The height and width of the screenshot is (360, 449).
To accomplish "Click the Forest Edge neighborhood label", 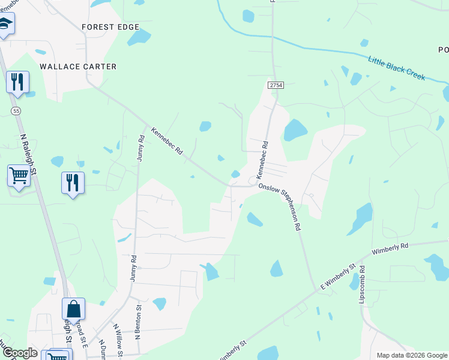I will tap(110, 27).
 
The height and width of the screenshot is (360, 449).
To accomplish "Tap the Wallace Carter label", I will tap(78, 67).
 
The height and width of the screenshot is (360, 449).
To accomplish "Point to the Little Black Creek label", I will tap(396, 68).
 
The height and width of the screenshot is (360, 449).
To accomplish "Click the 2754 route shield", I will tap(276, 86).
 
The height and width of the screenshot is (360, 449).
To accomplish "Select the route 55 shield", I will tap(16, 111).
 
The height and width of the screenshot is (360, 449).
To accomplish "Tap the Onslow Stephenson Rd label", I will tap(279, 208).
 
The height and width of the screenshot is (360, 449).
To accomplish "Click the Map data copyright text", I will tap(412, 355).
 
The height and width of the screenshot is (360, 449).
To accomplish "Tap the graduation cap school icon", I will tap(5, 24).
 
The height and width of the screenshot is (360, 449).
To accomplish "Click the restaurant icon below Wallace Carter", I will tap(17, 82).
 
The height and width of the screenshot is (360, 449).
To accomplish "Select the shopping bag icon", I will tap(73, 309).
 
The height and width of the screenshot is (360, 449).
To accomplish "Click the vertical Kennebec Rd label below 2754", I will tap(262, 159).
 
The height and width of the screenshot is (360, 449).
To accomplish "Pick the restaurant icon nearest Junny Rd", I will tap(73, 182).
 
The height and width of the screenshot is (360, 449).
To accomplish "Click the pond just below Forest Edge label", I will tap(139, 38).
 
